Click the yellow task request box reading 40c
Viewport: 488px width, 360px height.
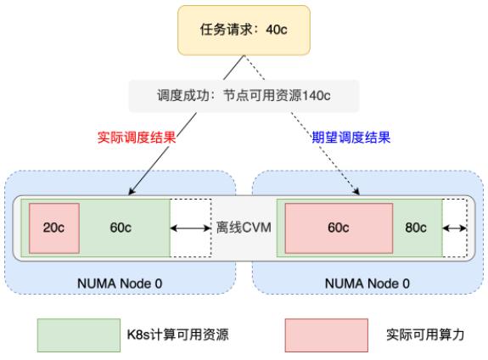point(244,31)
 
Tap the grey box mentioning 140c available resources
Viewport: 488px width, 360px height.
point(244,96)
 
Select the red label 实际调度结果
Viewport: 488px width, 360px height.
point(137,137)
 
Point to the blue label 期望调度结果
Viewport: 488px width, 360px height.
point(351,137)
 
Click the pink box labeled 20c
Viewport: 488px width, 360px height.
point(54,228)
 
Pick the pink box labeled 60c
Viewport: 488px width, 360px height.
point(339,228)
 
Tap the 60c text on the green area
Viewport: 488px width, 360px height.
point(121,228)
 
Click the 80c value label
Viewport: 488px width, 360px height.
point(416,228)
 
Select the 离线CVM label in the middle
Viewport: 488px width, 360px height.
point(244,228)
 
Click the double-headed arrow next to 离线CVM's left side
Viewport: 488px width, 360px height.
point(190,228)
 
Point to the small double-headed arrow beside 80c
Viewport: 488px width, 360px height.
point(454,228)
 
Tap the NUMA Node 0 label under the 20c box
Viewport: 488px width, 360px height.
point(120,284)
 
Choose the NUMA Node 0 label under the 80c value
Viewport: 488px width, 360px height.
point(367,284)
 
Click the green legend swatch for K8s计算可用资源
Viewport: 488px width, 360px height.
point(79,335)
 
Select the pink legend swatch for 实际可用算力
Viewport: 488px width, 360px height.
point(327,335)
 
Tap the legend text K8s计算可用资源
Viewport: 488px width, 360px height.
point(177,335)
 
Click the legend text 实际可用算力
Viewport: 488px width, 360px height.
point(425,335)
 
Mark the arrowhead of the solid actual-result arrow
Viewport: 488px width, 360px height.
point(131,192)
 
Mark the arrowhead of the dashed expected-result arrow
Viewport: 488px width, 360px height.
point(357,192)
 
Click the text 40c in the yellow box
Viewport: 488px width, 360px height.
point(277,30)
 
